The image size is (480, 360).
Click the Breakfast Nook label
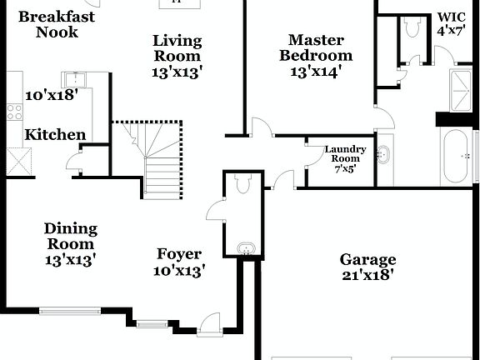coord(57,24)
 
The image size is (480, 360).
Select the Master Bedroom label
coord(321,47)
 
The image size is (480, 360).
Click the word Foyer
coord(179,254)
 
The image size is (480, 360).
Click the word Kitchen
coord(55,135)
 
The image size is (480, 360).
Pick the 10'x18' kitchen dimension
coord(52,95)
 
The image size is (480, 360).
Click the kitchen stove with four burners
coord(15,110)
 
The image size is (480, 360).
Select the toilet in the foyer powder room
coord(242,182)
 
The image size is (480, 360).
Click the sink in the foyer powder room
coord(245,247)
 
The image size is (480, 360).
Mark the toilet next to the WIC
coord(412,27)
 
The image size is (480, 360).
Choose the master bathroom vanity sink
coord(384,154)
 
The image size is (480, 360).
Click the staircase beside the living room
coord(159,158)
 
